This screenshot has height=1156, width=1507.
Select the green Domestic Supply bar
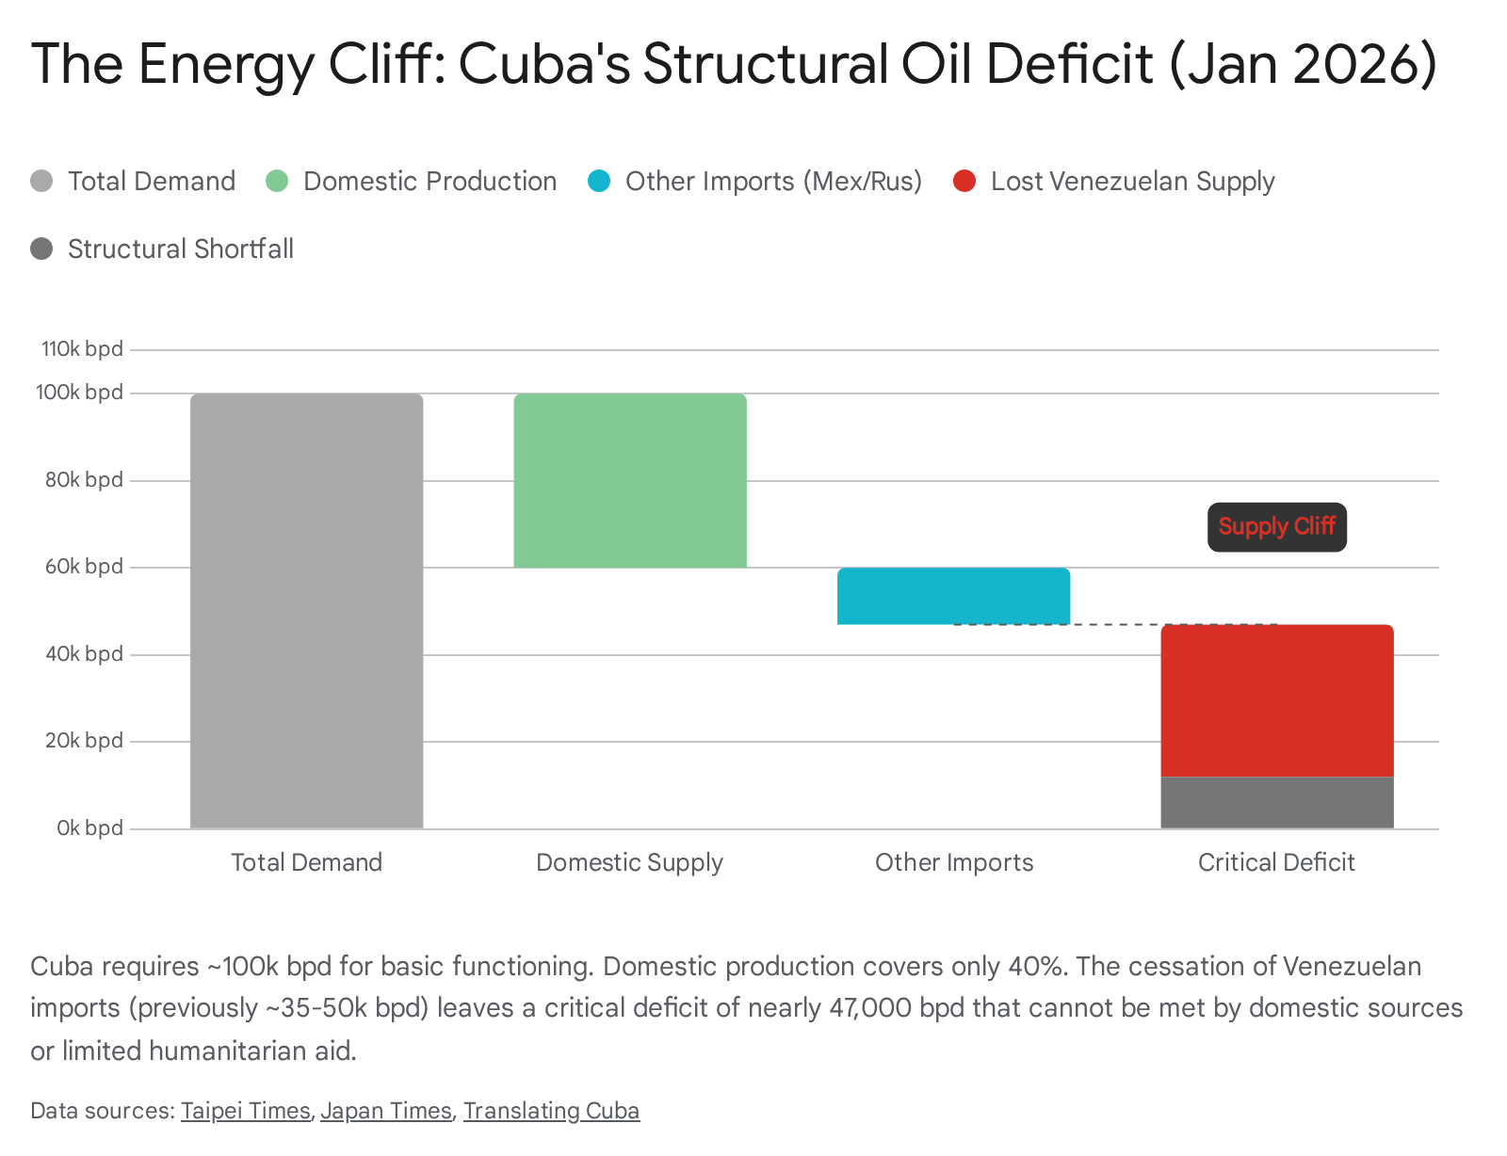(629, 480)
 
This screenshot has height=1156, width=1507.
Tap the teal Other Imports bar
(953, 596)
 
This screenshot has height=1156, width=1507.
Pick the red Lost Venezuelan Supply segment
(1276, 700)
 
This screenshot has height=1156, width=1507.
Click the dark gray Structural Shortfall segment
(1276, 802)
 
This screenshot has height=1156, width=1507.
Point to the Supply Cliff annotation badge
(1276, 527)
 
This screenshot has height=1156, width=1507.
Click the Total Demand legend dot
(41, 181)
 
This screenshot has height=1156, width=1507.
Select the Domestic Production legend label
(429, 181)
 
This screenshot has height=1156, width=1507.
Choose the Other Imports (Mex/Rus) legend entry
(772, 181)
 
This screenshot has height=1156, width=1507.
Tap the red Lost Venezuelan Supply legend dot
(964, 181)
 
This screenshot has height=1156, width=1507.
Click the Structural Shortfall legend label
(180, 249)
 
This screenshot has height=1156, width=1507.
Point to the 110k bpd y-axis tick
(82, 349)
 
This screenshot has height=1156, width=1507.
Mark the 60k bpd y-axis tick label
(85, 567)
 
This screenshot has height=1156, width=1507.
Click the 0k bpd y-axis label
(89, 828)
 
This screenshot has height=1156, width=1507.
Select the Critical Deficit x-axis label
(1276, 862)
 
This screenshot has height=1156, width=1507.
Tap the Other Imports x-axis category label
(953, 862)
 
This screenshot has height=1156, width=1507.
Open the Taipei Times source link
(245, 1111)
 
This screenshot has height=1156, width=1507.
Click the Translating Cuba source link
(551, 1111)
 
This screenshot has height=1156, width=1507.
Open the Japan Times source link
(386, 1111)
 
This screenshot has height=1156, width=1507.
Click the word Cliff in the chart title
(384, 64)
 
